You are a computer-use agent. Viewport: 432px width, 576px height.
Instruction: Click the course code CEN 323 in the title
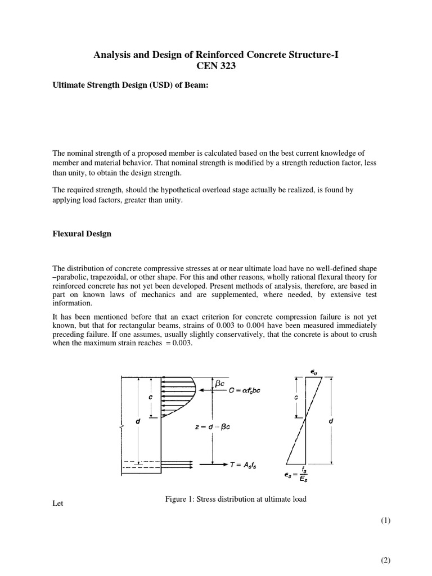[215, 66]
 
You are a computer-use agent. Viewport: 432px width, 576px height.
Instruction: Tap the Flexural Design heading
[82, 234]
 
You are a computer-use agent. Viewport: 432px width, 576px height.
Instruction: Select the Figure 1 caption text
[235, 499]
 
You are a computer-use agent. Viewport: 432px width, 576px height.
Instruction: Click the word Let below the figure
[57, 503]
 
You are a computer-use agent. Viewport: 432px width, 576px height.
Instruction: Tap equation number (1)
[384, 521]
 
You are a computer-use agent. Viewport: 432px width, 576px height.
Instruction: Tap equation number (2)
[384, 560]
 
